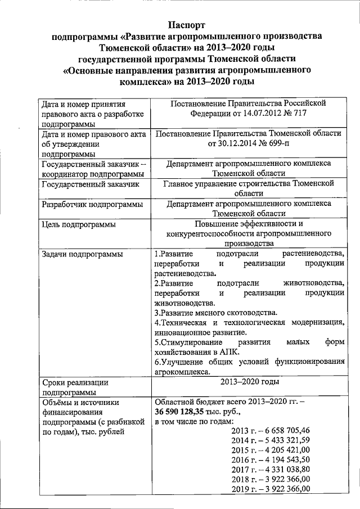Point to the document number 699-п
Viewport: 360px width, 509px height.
click(289, 143)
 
